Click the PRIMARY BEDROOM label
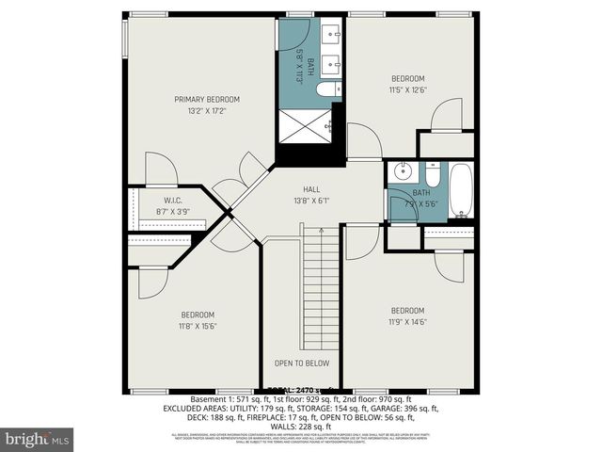(206, 99)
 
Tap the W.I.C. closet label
(172, 200)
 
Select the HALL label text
(311, 188)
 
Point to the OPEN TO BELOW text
(301, 363)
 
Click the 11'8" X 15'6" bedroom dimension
(198, 326)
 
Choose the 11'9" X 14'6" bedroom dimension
(407, 322)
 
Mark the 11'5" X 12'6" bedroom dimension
(407, 90)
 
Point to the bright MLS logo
(38, 439)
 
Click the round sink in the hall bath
(401, 172)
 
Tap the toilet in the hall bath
(433, 175)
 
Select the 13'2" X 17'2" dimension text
(206, 111)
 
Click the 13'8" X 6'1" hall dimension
(311, 201)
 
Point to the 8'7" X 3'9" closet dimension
(172, 212)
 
